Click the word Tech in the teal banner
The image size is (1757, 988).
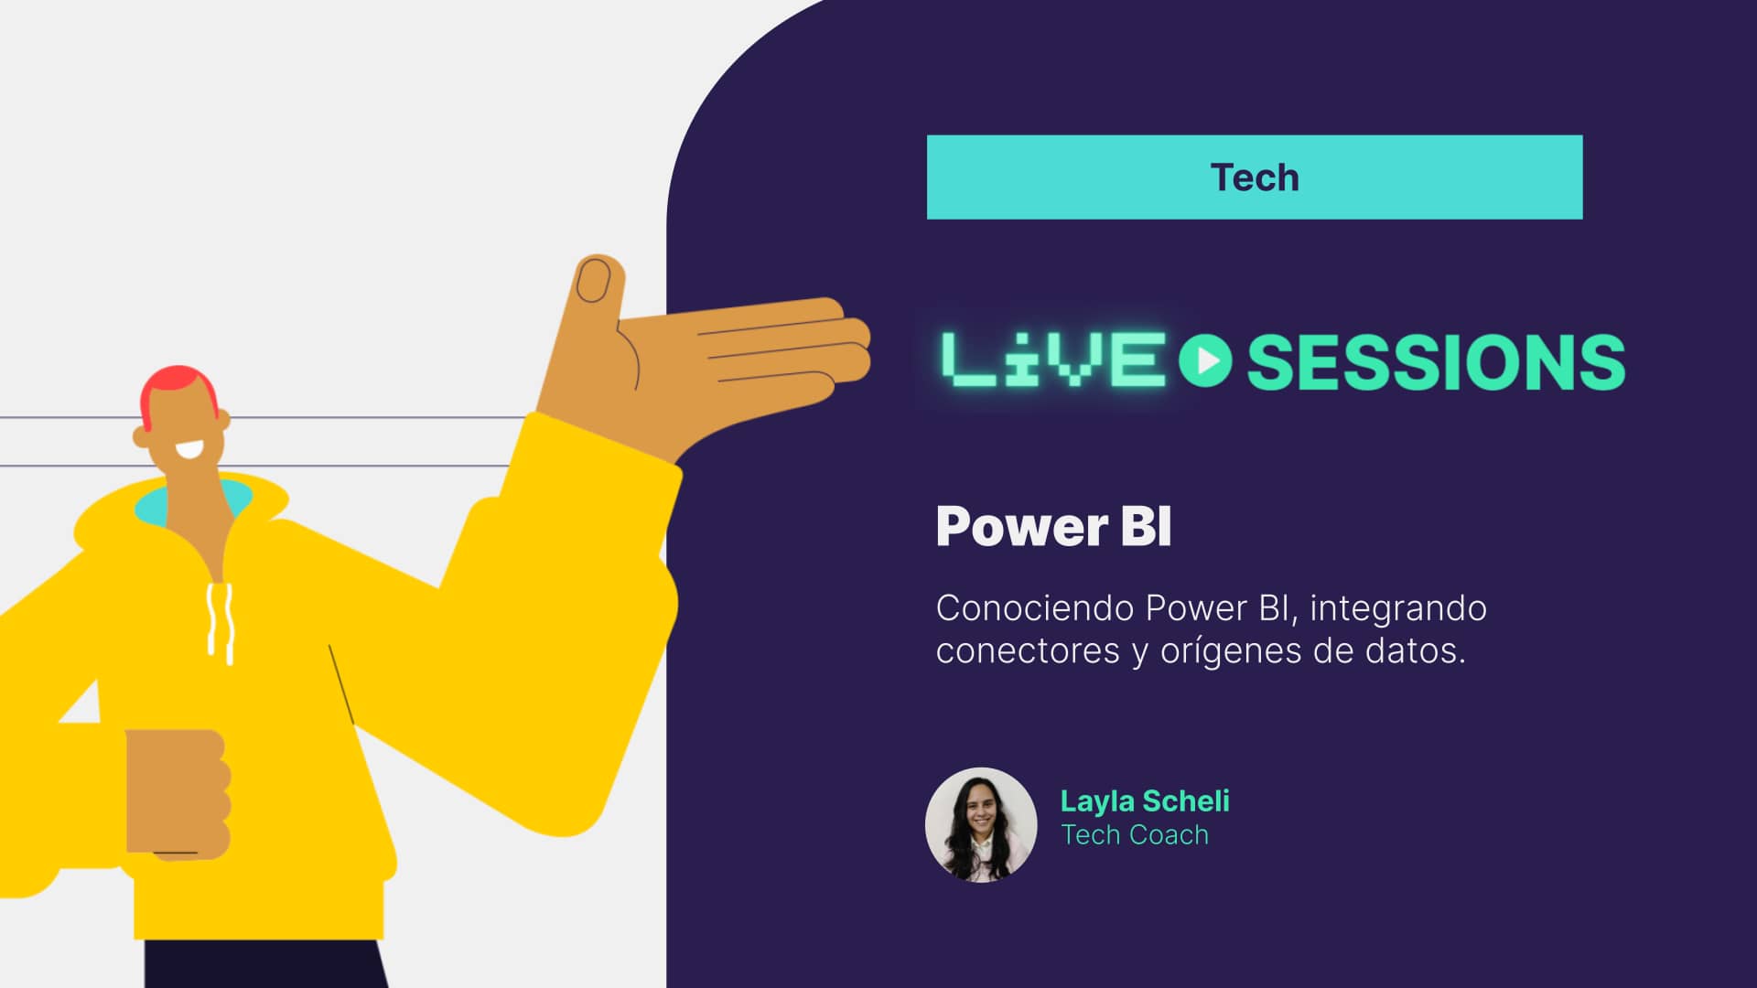1254,177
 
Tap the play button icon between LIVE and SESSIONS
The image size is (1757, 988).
1205,360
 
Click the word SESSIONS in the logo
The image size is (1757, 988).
1436,362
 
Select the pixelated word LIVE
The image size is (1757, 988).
1052,360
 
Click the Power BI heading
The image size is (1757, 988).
1053,527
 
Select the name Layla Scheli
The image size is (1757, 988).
1144,801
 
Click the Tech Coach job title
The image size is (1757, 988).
1135,835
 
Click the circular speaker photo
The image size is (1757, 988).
980,824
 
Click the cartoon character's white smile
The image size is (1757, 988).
191,450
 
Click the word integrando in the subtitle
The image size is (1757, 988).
1397,608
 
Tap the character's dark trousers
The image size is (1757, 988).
265,965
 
